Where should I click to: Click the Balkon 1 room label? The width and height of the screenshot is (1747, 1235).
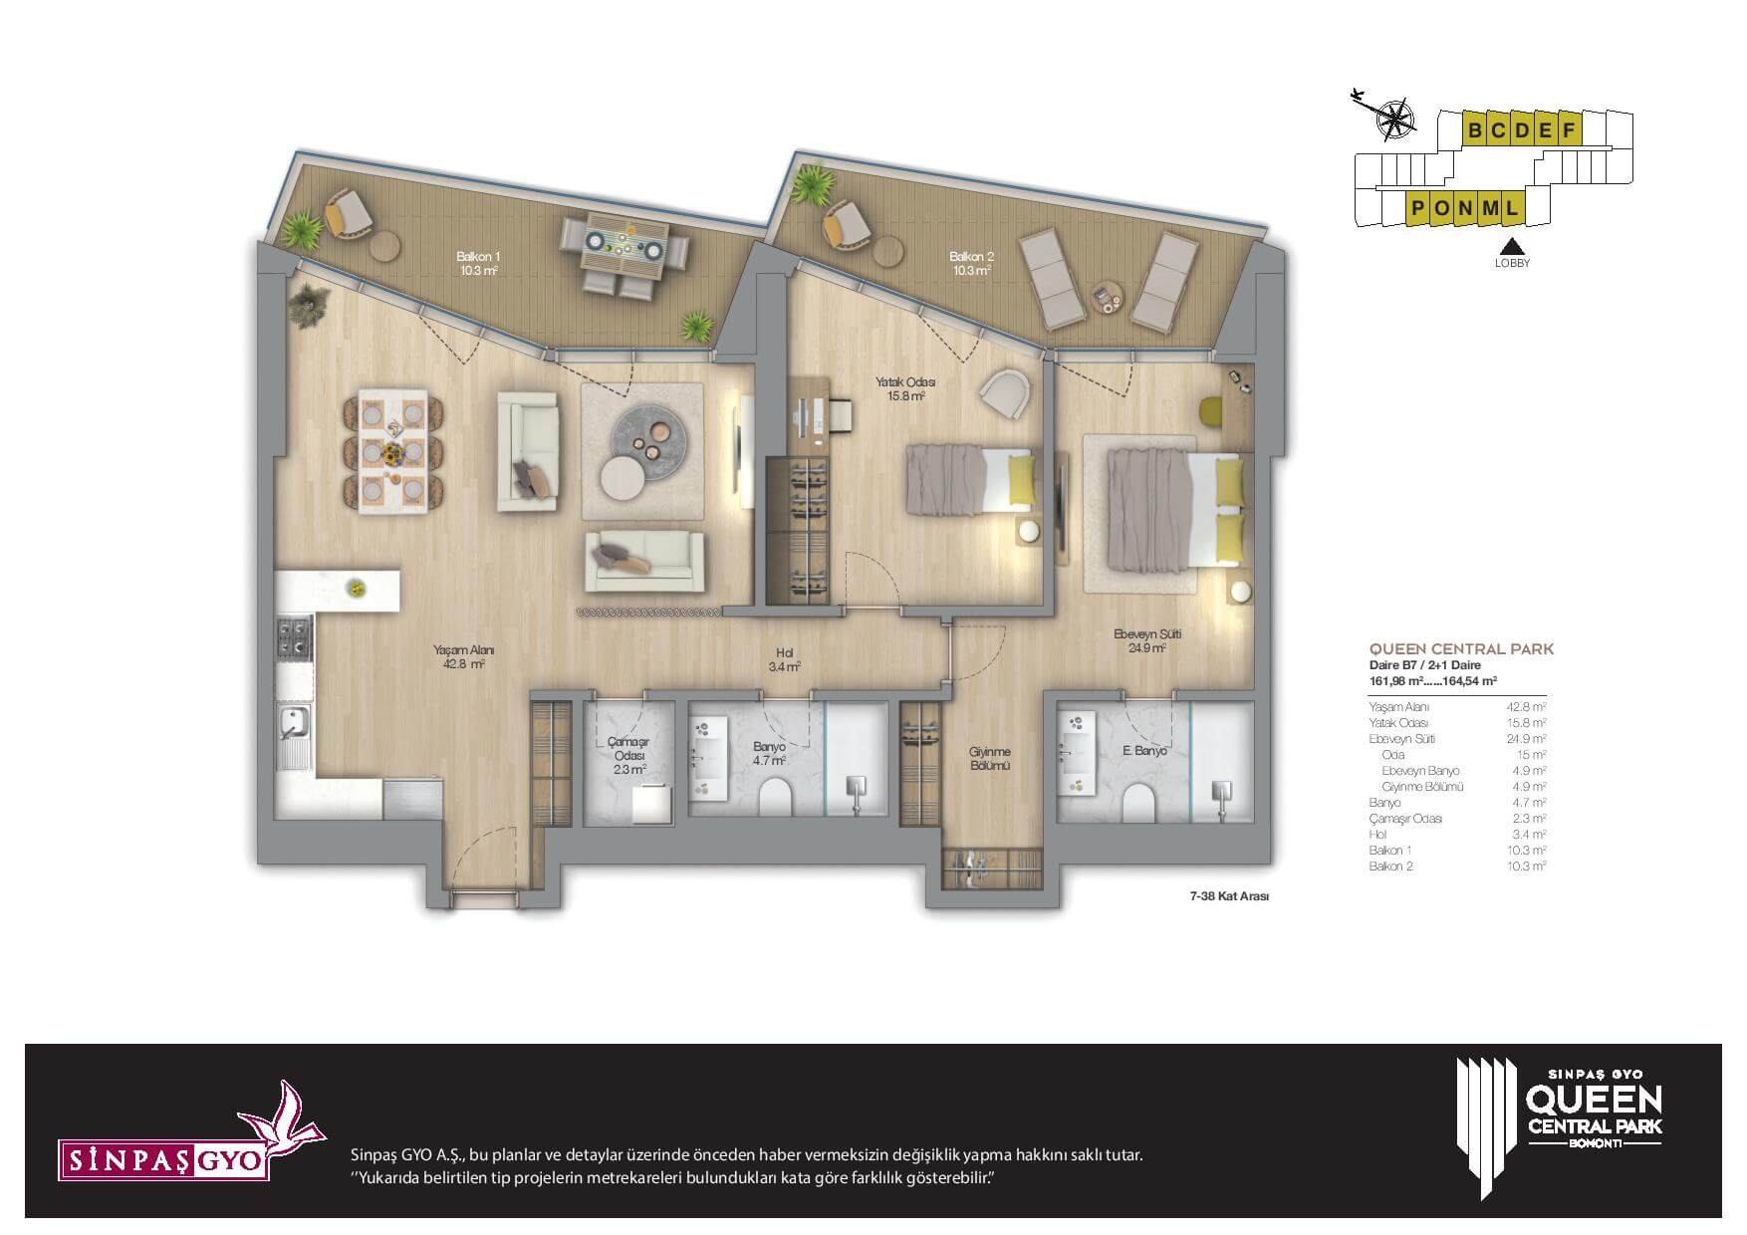click(x=478, y=263)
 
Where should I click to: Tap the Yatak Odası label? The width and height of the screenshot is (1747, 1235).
click(x=905, y=388)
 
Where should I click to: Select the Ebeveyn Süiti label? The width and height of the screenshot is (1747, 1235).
click(x=1147, y=640)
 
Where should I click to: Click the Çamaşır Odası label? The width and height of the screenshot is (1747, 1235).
click(x=628, y=756)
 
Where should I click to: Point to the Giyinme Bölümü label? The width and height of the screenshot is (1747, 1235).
click(x=990, y=759)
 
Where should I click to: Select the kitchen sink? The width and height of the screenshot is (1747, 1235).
click(x=294, y=737)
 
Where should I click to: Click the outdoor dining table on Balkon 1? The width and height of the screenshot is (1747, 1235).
click(x=624, y=247)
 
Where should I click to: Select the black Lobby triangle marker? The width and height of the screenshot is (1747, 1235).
click(x=1512, y=248)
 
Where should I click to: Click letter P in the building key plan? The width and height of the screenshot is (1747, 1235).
click(x=1415, y=209)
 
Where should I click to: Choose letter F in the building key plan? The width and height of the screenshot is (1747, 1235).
click(x=1569, y=129)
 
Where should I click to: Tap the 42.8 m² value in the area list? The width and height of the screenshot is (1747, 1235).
click(x=1527, y=707)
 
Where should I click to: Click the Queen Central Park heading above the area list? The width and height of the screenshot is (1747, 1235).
click(x=1462, y=649)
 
